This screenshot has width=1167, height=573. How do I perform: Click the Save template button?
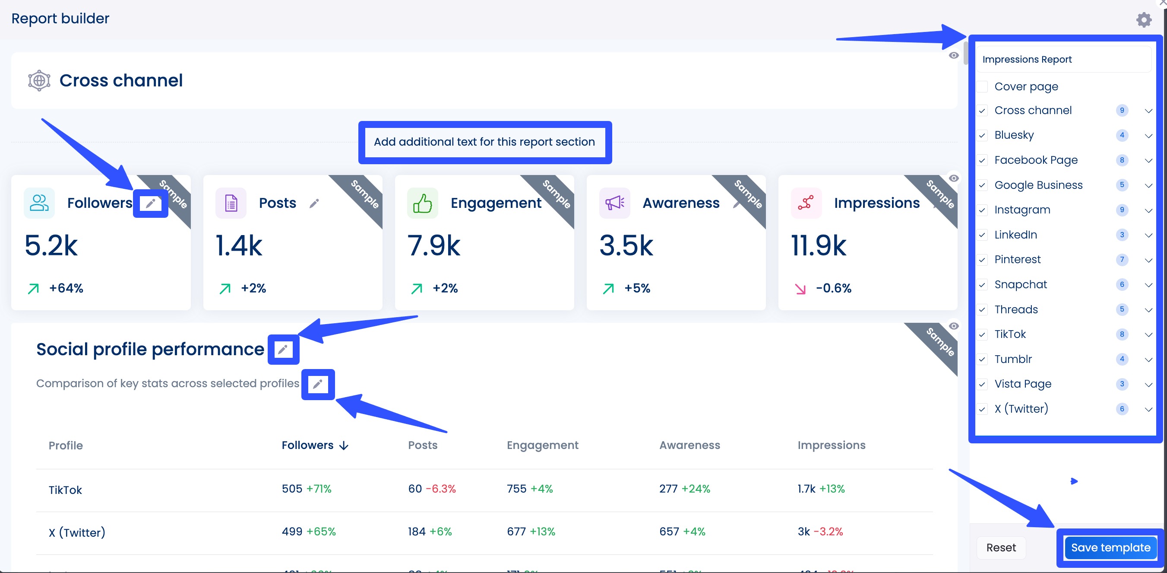1110,548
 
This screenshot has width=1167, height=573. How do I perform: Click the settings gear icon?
1143,19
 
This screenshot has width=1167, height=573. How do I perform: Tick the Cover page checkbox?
982,86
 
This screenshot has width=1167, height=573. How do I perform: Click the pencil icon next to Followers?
150,203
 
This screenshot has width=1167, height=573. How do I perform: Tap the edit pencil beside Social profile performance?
283,350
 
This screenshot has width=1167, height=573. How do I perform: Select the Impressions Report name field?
1063,59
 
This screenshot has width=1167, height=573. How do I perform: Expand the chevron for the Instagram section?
1148,210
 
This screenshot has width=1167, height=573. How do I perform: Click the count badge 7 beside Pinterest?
1122,260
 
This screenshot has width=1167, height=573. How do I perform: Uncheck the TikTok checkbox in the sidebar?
982,334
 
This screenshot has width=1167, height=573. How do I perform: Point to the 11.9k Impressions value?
818,246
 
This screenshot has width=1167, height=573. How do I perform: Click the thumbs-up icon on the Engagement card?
422,203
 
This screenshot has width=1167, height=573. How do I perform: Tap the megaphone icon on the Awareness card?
614,203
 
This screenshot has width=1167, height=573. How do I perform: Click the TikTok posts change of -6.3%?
440,489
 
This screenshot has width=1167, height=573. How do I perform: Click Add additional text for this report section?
484,142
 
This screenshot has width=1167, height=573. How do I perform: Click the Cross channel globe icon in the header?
39,81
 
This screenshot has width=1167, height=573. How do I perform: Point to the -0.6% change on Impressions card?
833,288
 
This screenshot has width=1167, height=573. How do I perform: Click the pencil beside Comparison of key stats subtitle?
318,385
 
